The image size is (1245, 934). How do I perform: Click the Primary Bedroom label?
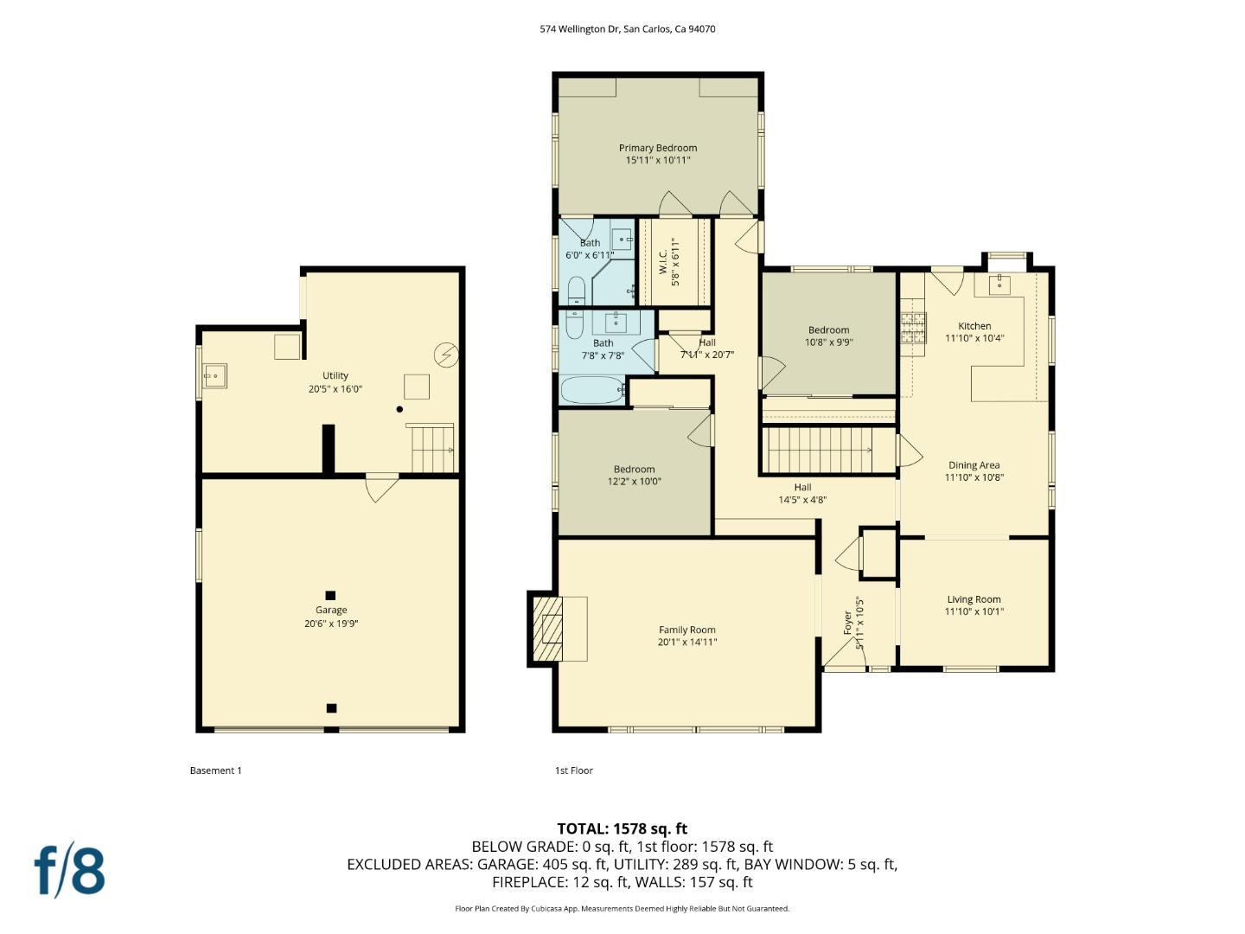[x=657, y=148]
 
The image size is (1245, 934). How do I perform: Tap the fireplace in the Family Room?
[x=546, y=629]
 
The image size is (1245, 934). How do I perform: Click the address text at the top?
[x=627, y=29]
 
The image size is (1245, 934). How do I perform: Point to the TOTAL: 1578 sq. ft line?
[x=622, y=828]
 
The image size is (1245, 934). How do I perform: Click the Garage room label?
[x=330, y=610]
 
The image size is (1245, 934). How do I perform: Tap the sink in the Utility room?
[x=214, y=375]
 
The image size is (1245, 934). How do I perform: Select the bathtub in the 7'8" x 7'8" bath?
[x=592, y=390]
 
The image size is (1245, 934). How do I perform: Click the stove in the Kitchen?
[x=913, y=327]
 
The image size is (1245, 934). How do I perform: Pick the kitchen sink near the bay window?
[x=1000, y=283]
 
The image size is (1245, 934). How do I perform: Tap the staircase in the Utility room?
[x=431, y=449]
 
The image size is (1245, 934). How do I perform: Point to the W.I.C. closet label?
[x=663, y=256]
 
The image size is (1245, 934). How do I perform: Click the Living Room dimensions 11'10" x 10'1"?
[x=974, y=611]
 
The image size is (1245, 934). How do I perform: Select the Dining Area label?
[x=974, y=465]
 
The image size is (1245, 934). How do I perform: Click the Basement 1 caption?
[x=215, y=771]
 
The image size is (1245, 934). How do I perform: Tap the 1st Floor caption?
[x=573, y=771]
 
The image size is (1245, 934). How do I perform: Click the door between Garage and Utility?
[x=381, y=486]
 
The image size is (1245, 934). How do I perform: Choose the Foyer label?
[x=847, y=624]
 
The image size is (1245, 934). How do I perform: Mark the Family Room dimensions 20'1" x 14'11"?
[x=686, y=642]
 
